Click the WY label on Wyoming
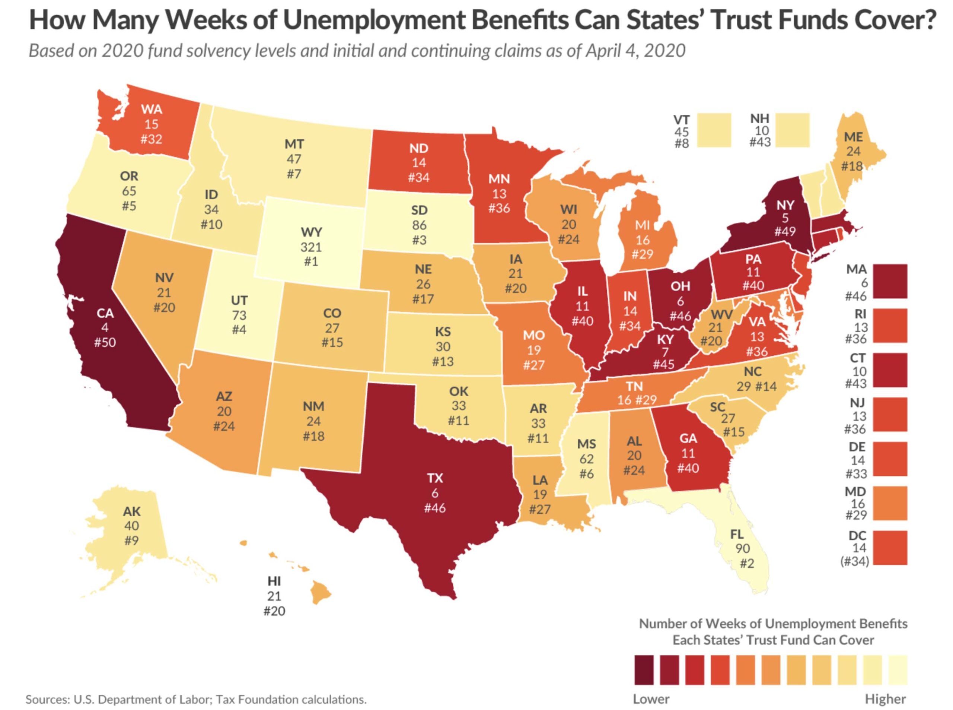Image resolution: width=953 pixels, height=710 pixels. [x=311, y=232]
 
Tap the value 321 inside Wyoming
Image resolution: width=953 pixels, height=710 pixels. [x=311, y=247]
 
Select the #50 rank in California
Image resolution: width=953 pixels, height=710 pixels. [x=105, y=343]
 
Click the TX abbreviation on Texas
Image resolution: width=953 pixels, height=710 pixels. [x=435, y=478]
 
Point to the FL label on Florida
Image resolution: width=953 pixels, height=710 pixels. [x=737, y=534]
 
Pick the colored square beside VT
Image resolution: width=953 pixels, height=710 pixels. [x=714, y=130]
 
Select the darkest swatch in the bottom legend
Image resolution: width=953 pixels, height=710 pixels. [x=644, y=670]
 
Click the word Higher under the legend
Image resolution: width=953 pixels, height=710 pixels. [x=885, y=699]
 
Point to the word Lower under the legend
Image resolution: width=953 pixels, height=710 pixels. [x=651, y=699]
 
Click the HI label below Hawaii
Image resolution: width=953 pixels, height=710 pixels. [x=274, y=581]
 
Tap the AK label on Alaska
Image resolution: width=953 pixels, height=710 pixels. [x=131, y=511]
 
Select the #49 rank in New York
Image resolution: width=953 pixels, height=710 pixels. [x=785, y=232]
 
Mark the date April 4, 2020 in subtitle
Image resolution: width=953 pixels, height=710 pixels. [x=635, y=51]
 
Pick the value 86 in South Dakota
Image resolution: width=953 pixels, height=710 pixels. [x=419, y=225]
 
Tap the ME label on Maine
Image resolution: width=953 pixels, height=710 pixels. [x=853, y=137]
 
